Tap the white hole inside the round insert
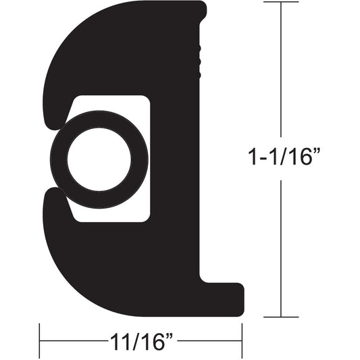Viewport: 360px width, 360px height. (99, 159)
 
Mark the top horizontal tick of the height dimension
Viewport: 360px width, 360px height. (280, 3)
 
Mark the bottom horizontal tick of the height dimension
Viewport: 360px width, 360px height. (280, 317)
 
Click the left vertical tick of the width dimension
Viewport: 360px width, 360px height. (40, 340)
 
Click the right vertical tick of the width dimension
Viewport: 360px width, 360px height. (242, 340)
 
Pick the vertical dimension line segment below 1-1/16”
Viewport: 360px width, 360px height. (280, 250)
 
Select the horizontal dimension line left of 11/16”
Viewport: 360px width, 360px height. (71, 340)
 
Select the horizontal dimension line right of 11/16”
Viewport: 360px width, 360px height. (209, 340)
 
